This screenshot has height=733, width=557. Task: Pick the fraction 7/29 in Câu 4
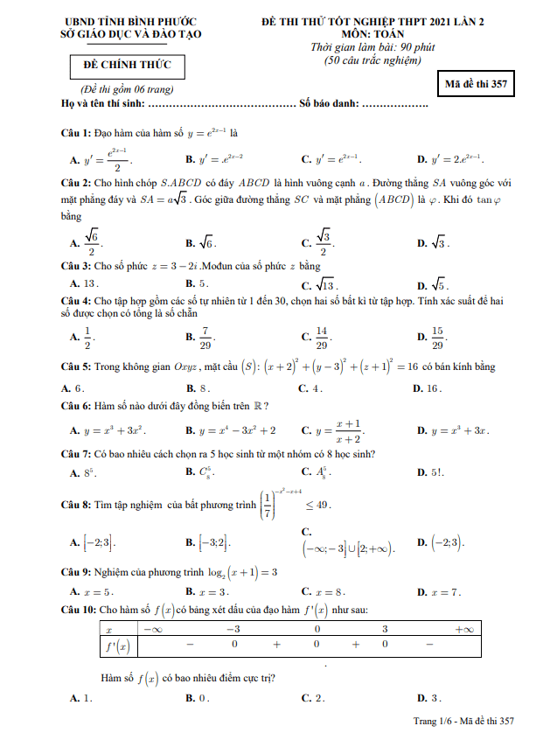(203, 337)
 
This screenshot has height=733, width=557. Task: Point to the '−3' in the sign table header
(233, 629)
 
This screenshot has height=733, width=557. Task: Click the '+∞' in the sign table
(463, 629)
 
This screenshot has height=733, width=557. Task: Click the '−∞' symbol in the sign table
(154, 629)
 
